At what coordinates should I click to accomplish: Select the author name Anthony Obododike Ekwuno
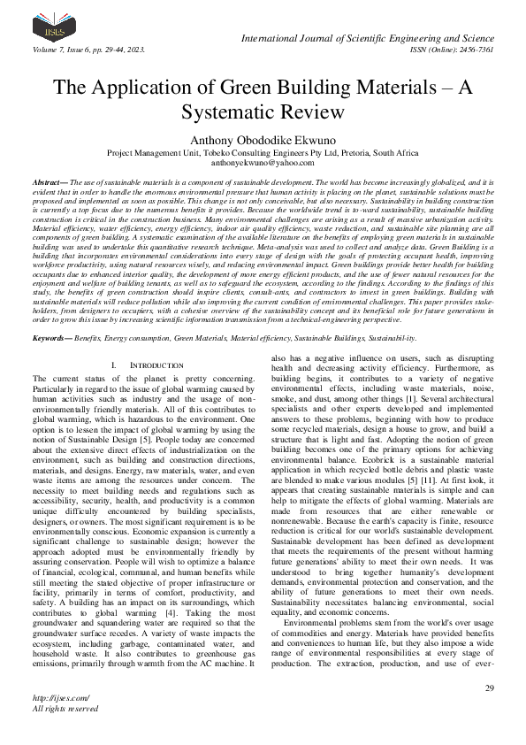coord(263,139)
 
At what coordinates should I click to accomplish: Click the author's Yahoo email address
coord(263,164)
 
